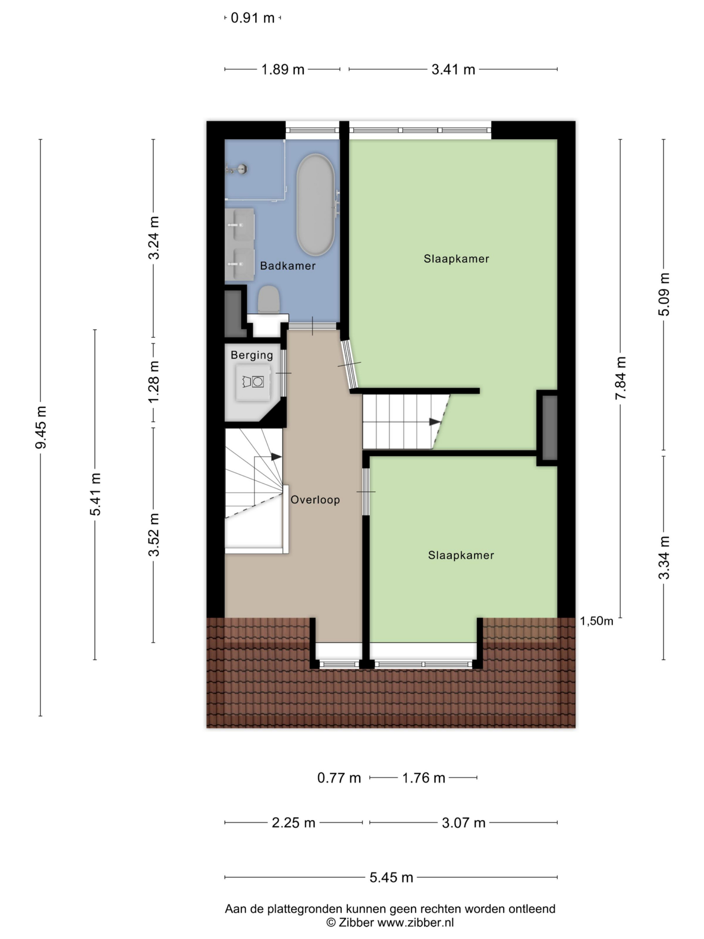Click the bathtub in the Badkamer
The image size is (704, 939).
315,204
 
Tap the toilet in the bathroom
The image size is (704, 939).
269,299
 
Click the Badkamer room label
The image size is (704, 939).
288,266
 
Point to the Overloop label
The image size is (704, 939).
315,500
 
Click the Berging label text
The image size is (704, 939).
252,356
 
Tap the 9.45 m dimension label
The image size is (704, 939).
41,427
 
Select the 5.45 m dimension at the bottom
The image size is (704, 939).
391,878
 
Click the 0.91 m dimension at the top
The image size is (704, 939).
252,18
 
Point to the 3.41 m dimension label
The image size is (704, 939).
453,70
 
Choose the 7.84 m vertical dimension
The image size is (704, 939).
621,378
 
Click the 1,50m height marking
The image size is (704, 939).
597,621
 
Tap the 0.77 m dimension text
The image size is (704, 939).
339,778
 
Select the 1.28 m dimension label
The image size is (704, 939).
154,382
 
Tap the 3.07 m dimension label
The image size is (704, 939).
464,823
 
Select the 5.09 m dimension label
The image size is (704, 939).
664,294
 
